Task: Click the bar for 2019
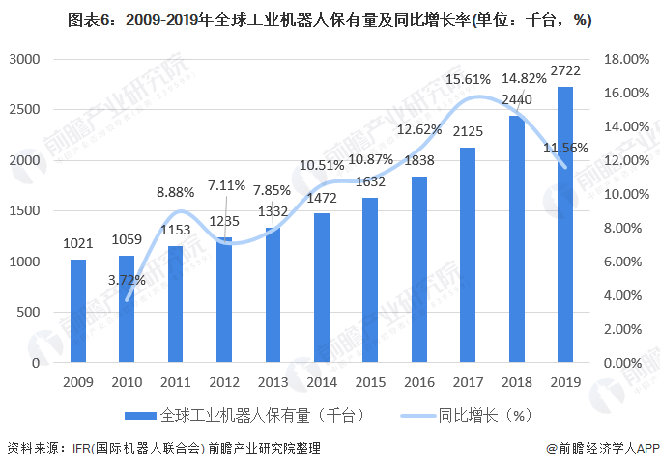pyautogui.click(x=564, y=225)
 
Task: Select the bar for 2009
pyautogui.click(x=77, y=311)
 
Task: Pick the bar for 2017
pyautogui.click(x=467, y=255)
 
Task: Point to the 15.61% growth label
pyautogui.click(x=468, y=80)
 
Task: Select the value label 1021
pyautogui.click(x=77, y=245)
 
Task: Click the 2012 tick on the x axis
pyautogui.click(x=223, y=383)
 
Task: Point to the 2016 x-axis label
pyautogui.click(x=418, y=383)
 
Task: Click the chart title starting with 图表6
pyautogui.click(x=330, y=18)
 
